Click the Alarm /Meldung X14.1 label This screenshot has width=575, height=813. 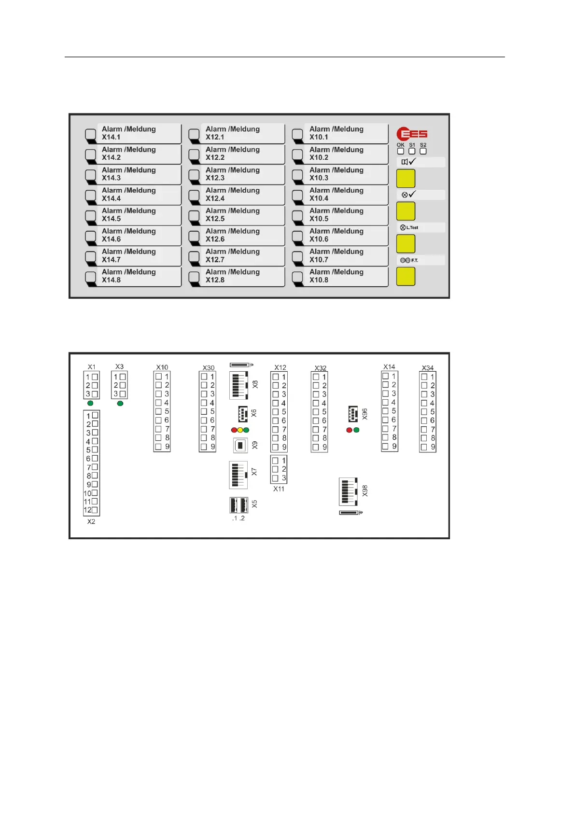point(129,133)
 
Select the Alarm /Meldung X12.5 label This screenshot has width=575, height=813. point(233,214)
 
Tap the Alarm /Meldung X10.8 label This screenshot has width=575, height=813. point(337,276)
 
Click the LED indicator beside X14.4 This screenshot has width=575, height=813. point(90,195)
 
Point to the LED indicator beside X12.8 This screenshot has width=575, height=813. point(194,277)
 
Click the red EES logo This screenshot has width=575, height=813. point(412,134)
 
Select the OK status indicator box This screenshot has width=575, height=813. point(401,151)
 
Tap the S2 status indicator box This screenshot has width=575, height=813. point(423,151)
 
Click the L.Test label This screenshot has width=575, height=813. point(409,227)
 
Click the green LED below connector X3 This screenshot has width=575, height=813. point(120,403)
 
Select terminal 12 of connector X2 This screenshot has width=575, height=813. point(95,510)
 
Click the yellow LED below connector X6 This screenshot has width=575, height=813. point(240,430)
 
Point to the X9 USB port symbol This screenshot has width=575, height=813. point(240,445)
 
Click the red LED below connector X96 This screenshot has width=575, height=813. point(349,430)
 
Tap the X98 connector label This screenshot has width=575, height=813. point(365,491)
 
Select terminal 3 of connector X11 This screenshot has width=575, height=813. point(275,478)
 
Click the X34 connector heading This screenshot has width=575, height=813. point(428,368)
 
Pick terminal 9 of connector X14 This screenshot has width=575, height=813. point(385,447)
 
